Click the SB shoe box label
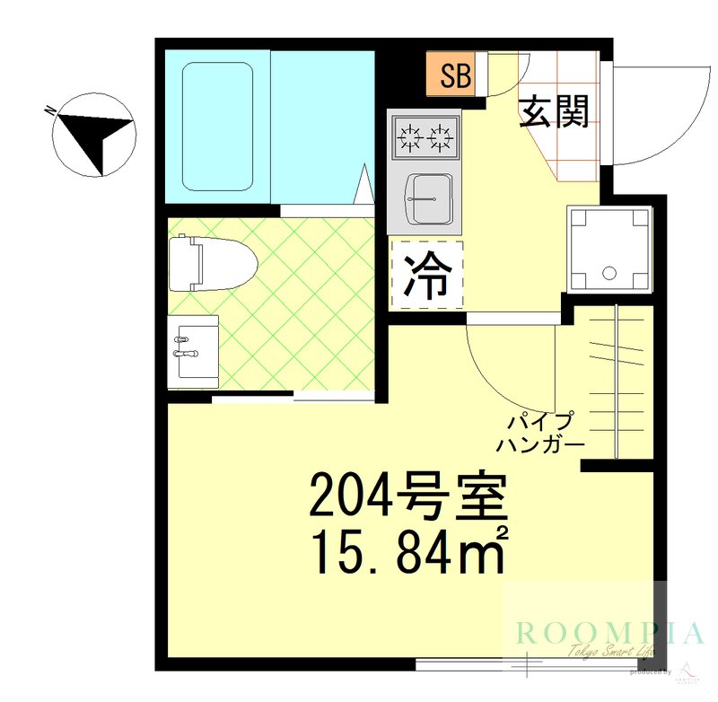pyautogui.click(x=455, y=76)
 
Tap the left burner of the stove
pyautogui.click(x=411, y=138)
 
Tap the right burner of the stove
pyautogui.click(x=441, y=138)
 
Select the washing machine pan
pyautogui.click(x=609, y=249)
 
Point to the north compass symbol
pyautogui.click(x=93, y=135)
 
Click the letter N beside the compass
pyautogui.click(x=50, y=111)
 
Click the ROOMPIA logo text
pyautogui.click(x=609, y=634)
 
